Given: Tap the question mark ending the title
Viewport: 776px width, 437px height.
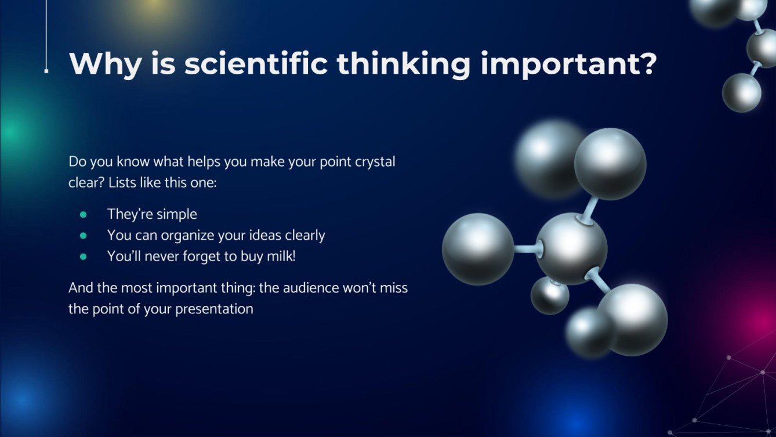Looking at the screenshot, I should (x=646, y=64).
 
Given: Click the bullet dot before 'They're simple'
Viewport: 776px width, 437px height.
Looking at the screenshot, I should (x=83, y=215).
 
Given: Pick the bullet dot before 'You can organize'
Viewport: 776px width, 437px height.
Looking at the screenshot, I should (x=83, y=236).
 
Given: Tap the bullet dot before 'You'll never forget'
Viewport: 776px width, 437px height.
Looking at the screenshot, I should (x=83, y=257).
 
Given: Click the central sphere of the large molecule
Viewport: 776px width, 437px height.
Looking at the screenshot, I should (x=571, y=248).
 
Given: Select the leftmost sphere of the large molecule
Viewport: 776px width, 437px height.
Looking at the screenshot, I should (x=478, y=249).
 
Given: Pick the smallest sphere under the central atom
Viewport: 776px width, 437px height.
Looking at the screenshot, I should (x=549, y=295).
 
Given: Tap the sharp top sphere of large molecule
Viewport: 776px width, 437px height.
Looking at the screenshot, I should (x=610, y=164).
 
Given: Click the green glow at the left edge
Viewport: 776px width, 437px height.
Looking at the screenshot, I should (x=9, y=133).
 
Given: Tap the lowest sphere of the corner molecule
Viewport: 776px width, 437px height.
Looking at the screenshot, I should (x=741, y=93).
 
